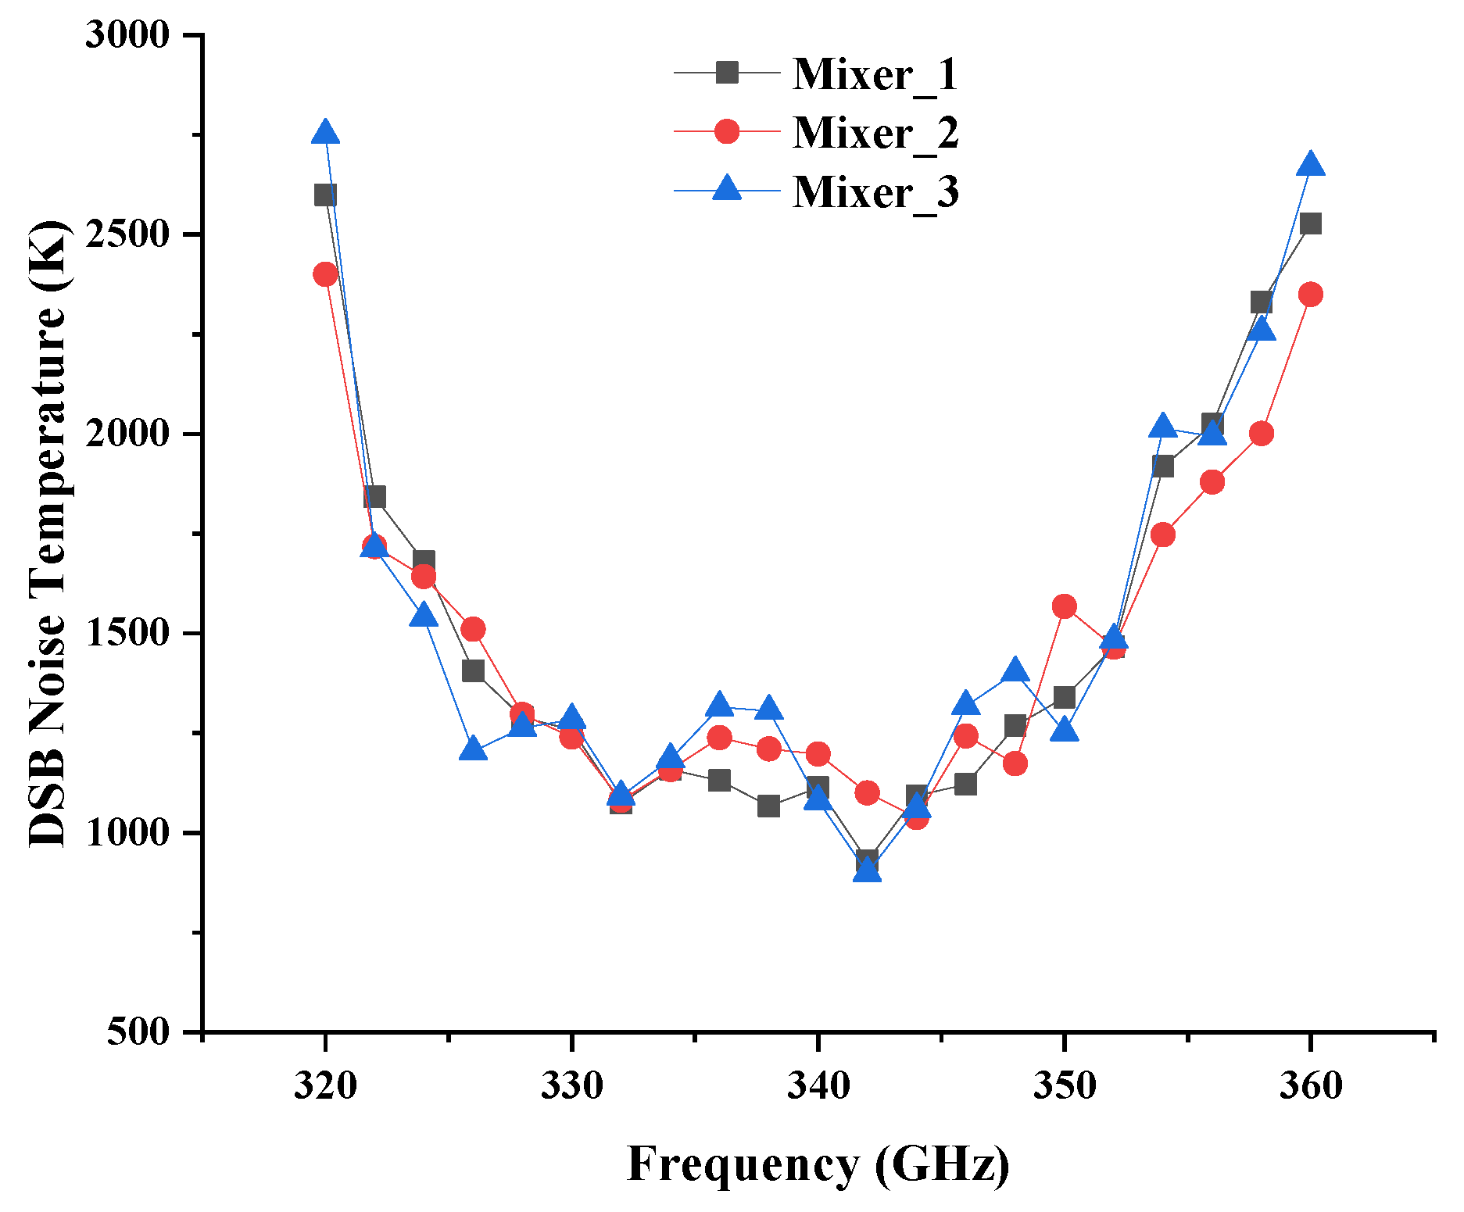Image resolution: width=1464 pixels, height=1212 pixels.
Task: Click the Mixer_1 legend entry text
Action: click(875, 74)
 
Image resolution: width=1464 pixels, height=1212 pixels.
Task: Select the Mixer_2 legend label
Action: click(875, 133)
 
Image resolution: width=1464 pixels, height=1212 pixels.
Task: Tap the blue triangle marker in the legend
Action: click(727, 189)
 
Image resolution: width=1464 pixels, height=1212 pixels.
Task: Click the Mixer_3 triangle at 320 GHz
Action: click(325, 133)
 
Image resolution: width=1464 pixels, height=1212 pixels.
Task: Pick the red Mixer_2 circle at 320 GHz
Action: click(325, 274)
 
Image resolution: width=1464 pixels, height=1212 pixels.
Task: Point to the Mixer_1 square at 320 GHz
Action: click(325, 195)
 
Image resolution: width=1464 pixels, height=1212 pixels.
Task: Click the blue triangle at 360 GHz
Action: click(1311, 165)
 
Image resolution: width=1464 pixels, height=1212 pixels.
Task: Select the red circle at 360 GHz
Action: click(1311, 295)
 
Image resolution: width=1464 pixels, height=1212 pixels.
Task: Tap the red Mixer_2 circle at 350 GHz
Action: click(1064, 606)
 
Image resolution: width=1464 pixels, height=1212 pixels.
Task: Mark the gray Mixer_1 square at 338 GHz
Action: click(768, 806)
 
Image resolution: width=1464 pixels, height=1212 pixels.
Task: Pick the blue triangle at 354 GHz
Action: click(1163, 427)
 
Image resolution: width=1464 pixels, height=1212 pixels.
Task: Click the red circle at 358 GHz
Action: click(1262, 434)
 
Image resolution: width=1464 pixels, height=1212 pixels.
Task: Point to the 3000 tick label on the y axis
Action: click(127, 35)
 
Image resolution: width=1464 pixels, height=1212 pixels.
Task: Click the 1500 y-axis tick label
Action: click(127, 634)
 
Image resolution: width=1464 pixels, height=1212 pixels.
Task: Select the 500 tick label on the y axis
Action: click(138, 1031)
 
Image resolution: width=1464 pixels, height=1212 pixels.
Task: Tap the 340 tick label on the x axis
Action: click(818, 1086)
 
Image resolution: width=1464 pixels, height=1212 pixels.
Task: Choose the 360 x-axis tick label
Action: click(1311, 1086)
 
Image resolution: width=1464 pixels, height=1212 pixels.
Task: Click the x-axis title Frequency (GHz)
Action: click(818, 1164)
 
